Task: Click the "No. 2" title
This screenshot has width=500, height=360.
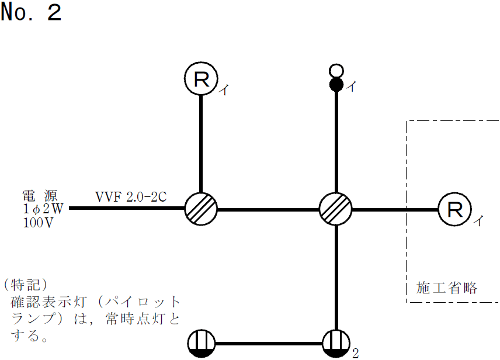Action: tap(31, 13)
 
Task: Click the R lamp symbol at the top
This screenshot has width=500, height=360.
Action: tap(201, 79)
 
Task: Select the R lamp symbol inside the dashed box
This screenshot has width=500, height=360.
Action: tap(454, 209)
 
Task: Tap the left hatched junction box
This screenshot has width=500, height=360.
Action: tap(201, 209)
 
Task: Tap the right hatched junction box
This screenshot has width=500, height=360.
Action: tap(336, 209)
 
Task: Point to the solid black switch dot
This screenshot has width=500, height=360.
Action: tap(336, 85)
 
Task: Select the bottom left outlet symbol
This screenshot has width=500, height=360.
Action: tap(202, 343)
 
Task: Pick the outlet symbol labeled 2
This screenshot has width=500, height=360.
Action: tap(336, 343)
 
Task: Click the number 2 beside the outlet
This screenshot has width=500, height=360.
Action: tap(355, 353)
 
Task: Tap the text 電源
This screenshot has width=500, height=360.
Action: tap(40, 195)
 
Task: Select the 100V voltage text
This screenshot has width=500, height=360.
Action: tap(39, 223)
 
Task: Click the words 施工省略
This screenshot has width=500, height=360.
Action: tap(447, 288)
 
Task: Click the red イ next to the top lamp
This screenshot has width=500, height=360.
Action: tap(225, 89)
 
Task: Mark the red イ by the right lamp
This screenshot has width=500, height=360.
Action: tap(478, 220)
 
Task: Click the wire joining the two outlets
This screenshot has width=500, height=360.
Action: tap(269, 343)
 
